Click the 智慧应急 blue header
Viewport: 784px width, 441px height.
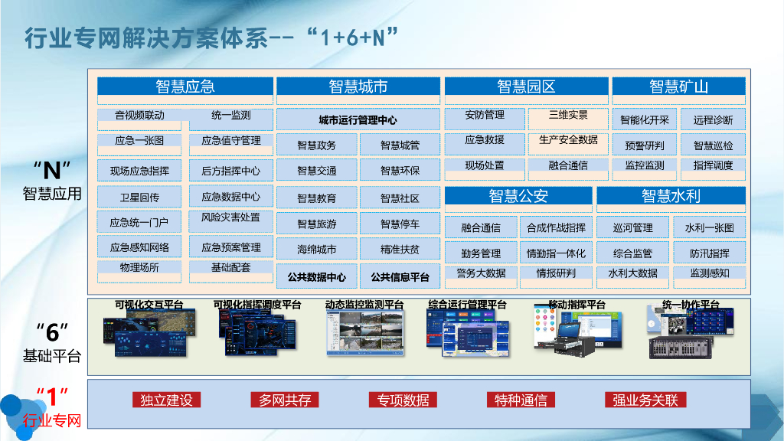[x=185, y=87]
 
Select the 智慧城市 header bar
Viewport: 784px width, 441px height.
[x=358, y=87]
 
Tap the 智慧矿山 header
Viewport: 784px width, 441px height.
[x=678, y=87]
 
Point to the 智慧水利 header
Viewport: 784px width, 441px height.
[x=671, y=196]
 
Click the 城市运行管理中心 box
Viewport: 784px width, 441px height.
[x=358, y=120]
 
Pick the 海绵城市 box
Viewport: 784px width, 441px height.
[x=316, y=249]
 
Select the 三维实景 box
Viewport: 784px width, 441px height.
[x=568, y=116]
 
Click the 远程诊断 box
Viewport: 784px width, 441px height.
[x=713, y=120]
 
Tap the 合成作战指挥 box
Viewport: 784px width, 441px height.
[x=556, y=227]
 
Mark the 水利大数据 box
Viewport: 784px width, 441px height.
[x=632, y=273]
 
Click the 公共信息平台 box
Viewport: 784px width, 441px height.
[x=400, y=276]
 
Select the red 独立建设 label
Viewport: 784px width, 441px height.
[x=166, y=400]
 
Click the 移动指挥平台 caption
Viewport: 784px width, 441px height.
[x=577, y=305]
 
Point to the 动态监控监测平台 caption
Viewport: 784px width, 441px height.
[x=364, y=305]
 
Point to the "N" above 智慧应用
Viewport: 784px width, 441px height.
[x=52, y=168]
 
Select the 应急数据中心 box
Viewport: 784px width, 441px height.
[x=230, y=197]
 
